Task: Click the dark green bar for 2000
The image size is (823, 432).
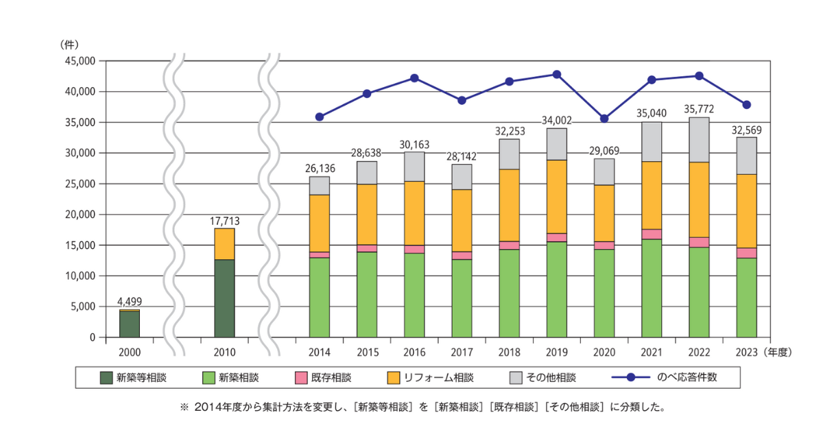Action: (x=130, y=324)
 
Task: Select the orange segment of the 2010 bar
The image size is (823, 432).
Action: (x=224, y=244)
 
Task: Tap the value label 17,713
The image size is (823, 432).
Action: (x=224, y=221)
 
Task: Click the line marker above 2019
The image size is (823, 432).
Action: (x=557, y=74)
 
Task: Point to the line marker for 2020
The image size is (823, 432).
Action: (x=604, y=119)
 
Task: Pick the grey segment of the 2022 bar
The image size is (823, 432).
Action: (x=699, y=140)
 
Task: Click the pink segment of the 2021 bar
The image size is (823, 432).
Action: (x=652, y=234)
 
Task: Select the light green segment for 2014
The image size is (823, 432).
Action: (x=320, y=298)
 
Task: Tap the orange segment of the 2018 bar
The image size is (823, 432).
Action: (x=510, y=205)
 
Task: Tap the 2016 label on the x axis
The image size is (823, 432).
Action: (x=414, y=352)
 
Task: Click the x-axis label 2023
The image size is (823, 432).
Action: (x=746, y=352)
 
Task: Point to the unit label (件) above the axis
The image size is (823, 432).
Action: (x=69, y=44)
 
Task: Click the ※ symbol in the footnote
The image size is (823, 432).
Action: (x=183, y=407)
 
